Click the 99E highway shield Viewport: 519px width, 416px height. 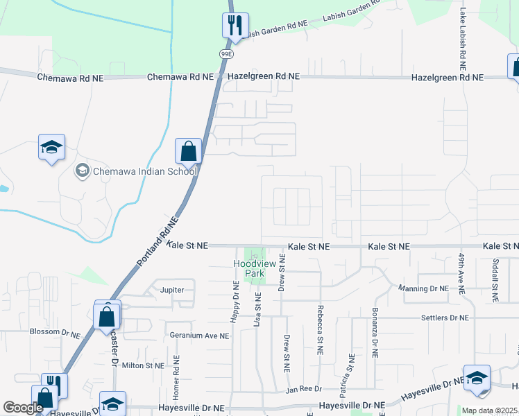(226, 53)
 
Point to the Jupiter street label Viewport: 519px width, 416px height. (172, 290)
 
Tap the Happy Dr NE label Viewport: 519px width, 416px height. (235, 301)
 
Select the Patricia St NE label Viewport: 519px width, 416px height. (352, 371)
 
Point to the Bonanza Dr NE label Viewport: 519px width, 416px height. (375, 332)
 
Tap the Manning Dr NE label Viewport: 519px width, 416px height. (425, 288)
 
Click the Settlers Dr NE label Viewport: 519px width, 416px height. (445, 318)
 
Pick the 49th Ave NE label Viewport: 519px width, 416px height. (461, 276)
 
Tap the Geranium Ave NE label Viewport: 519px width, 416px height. (199, 336)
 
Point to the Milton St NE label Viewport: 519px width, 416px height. (143, 365)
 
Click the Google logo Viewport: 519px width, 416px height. (23, 408)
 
